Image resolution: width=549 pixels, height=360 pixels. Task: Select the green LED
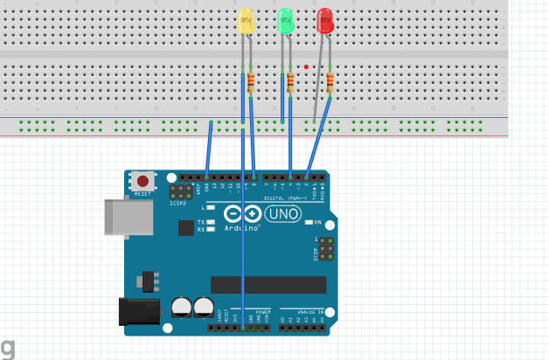pos(285,21)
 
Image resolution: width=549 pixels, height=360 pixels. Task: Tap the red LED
pos(325,21)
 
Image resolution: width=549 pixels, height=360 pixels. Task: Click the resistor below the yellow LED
pos(251,83)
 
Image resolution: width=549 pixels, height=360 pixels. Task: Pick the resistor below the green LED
pos(290,83)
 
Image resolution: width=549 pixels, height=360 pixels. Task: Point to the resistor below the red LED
pos(330,83)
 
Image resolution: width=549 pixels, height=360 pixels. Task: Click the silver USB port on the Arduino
pos(122,217)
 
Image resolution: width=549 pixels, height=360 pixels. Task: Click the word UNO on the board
pos(283,213)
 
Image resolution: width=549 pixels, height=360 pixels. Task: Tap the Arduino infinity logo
pos(241,214)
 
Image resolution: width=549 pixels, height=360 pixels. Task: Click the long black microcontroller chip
pos(268,285)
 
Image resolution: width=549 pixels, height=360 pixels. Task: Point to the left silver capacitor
pos(182,307)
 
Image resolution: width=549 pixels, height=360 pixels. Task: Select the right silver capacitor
pos(204,307)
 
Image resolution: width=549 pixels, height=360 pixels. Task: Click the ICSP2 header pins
pos(181,192)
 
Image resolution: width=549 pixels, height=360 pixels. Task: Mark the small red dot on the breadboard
pos(306,66)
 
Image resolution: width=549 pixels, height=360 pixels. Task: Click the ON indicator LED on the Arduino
pos(309,223)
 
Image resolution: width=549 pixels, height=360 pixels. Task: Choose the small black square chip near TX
pos(185,227)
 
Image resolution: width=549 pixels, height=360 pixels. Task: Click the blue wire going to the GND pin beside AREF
pos(209,149)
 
